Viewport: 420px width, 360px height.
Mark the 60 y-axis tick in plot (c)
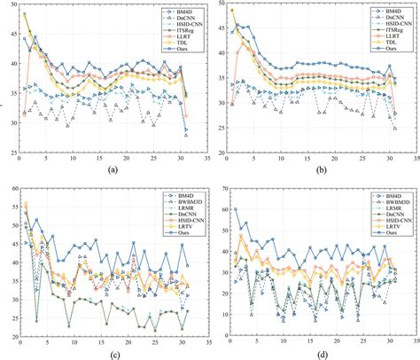click(10, 188)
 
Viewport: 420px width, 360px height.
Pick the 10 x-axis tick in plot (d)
click(282, 345)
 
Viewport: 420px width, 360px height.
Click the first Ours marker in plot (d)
click(235, 209)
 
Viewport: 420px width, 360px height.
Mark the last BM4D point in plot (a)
click(185, 130)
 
